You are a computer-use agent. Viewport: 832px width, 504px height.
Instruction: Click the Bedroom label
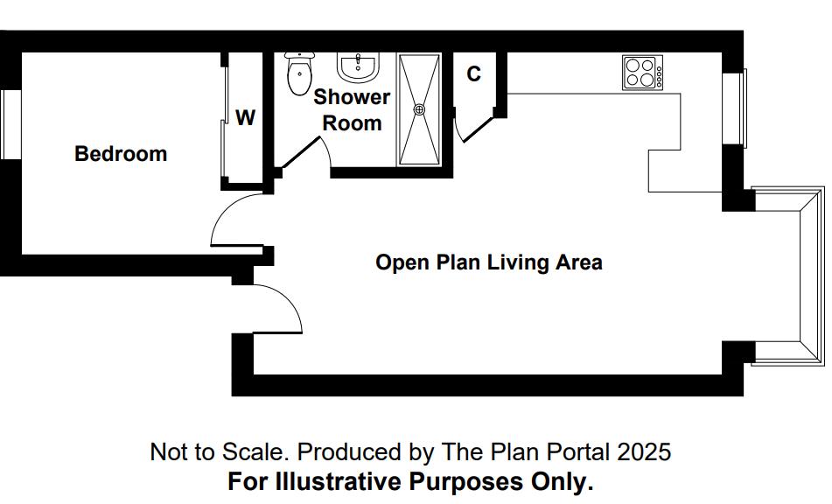click(121, 154)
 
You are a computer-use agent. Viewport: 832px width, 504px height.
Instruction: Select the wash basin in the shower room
click(357, 66)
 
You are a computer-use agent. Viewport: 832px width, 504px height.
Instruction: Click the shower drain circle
click(419, 109)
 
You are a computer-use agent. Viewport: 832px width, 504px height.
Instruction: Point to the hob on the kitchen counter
click(642, 73)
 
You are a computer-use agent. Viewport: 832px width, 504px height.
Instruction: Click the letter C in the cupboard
click(473, 74)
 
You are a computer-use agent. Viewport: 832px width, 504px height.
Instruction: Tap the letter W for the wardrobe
click(245, 118)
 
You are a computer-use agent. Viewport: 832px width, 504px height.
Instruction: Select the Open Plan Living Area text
click(488, 262)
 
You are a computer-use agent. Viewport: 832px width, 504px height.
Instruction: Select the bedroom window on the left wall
click(10, 124)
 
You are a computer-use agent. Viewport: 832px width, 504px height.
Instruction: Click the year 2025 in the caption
click(644, 452)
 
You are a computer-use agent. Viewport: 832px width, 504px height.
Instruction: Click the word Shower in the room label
click(352, 97)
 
